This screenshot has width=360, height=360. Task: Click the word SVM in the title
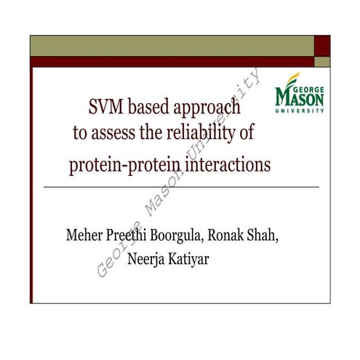pos(104,110)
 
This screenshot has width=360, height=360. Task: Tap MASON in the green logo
pos(298,97)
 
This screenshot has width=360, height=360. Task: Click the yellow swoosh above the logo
pos(292,77)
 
